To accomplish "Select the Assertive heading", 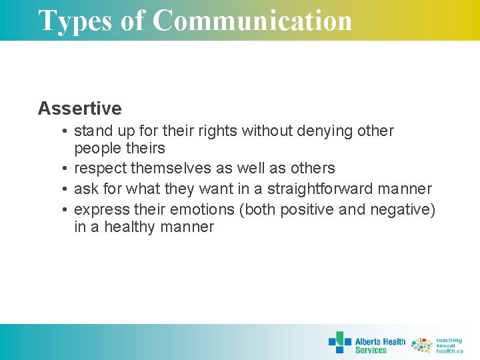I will coord(80,109).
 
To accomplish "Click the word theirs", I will coord(145,149).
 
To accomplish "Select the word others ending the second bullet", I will coord(313,169).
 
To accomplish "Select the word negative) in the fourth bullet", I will coord(401,210).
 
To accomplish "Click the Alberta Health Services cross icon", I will coord(339,343).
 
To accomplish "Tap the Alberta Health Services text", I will coord(380,345).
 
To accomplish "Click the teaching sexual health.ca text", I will coord(449,345).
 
